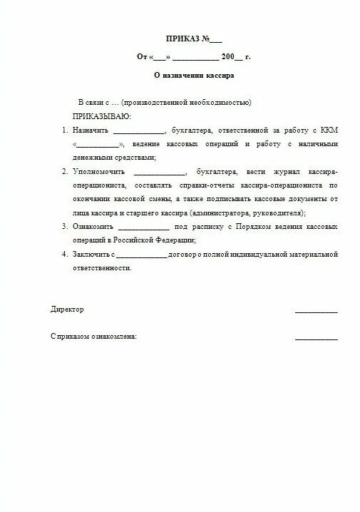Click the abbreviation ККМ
click(326, 130)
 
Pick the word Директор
click(67, 309)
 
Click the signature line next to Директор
click(316, 312)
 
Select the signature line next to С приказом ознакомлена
click(316, 338)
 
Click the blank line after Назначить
click(138, 133)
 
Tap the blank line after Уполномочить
click(158, 174)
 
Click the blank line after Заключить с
click(141, 255)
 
